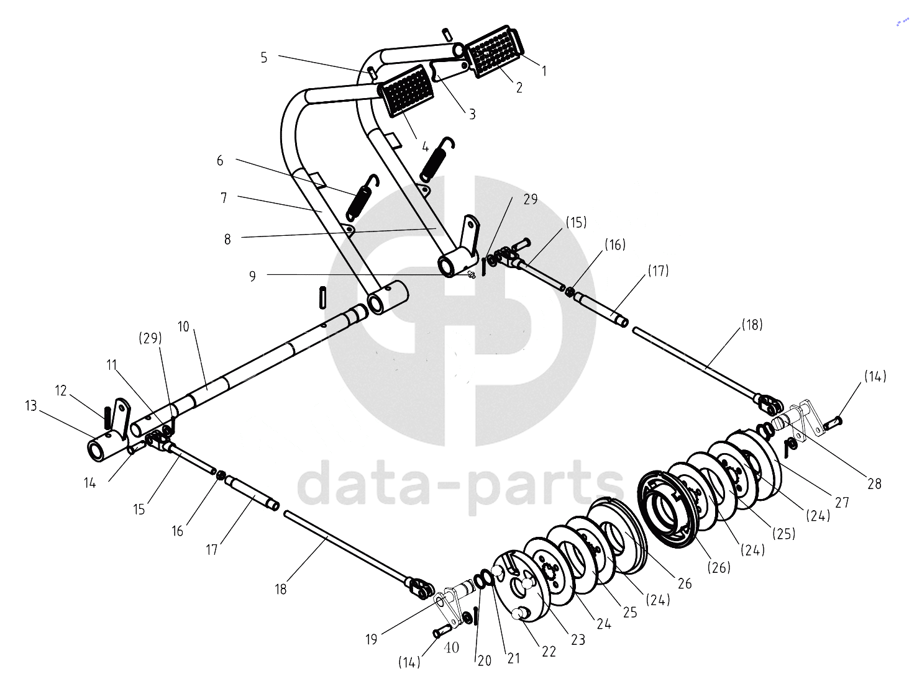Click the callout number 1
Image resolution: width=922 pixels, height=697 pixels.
544,71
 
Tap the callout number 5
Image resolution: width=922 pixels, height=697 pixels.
264,58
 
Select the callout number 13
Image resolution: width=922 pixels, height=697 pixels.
31,406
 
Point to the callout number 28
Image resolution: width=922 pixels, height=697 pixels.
875,484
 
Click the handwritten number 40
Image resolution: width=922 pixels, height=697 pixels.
451,647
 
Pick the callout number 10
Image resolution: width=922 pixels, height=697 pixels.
183,326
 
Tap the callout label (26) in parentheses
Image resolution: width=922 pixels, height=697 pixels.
719,568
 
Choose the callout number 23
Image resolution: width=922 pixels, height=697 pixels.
578,639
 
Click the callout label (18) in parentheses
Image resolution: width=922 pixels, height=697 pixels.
752,325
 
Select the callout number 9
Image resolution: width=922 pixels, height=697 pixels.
252,276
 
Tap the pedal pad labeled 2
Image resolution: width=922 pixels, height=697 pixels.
494,53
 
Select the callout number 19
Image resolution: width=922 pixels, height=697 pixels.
372,639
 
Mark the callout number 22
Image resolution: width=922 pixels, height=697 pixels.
549,651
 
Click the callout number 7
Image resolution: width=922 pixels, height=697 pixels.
224,197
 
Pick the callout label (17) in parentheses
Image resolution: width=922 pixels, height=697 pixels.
658,271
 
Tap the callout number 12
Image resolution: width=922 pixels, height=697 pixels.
61,390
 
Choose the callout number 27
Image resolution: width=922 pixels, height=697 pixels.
842,502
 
